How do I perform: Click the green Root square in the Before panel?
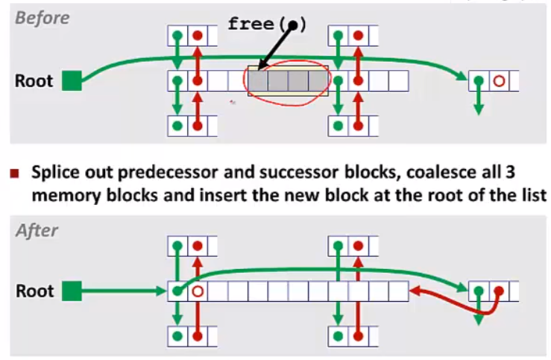[x=71, y=80]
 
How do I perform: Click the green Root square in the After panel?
[x=71, y=290]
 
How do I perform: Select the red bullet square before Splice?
[x=14, y=174]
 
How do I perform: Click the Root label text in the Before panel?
[x=34, y=80]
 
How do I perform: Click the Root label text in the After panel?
[x=34, y=290]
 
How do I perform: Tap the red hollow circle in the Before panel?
[x=500, y=80]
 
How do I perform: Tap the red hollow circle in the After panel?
[x=198, y=291]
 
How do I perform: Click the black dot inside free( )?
[x=293, y=25]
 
